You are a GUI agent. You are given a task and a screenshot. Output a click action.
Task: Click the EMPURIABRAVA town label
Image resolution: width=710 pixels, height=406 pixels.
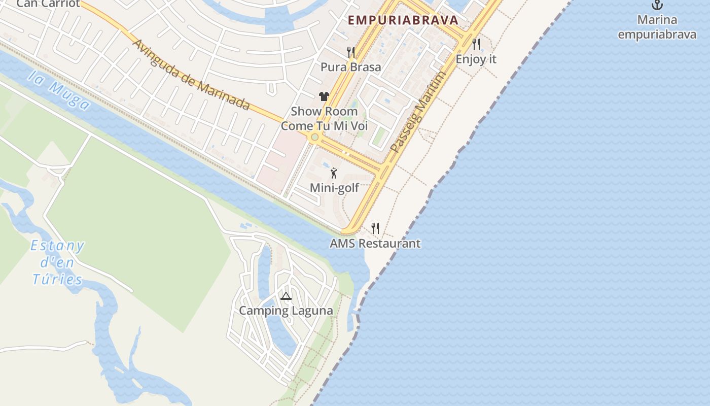click(403, 20)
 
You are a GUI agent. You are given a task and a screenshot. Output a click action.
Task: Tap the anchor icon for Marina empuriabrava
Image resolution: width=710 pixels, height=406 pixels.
click(657, 5)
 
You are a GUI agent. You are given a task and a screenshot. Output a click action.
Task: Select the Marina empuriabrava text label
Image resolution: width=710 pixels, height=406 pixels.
click(657, 27)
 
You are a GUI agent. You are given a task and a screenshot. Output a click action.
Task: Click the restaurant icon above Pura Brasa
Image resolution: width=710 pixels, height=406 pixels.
click(350, 52)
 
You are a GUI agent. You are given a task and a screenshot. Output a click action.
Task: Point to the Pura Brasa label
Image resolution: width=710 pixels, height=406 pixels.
click(350, 67)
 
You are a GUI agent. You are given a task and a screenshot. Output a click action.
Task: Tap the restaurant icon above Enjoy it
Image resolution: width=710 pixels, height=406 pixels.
click(476, 44)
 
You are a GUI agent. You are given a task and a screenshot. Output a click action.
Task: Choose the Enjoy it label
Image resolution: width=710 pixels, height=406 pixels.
click(476, 59)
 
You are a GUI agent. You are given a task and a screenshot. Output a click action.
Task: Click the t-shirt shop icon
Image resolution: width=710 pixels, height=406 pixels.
click(324, 96)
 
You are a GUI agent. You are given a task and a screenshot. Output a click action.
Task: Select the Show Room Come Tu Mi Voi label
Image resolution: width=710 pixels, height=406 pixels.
click(324, 118)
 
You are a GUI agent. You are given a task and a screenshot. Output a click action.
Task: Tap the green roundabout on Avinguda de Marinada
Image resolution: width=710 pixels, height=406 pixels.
click(314, 137)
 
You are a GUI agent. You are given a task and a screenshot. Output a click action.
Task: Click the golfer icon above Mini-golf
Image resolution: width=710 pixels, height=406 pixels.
click(334, 173)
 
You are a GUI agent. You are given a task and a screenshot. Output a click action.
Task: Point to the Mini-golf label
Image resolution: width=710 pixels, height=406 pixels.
click(334, 188)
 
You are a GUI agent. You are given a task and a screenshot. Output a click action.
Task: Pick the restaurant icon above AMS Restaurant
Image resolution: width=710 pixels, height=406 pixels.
click(375, 228)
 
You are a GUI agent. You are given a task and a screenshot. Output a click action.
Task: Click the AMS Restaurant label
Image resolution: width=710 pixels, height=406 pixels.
click(375, 244)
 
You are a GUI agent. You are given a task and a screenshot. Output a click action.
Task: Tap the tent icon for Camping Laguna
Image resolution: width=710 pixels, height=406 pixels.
click(286, 296)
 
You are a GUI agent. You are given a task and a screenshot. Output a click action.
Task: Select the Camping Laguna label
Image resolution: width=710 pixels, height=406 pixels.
click(286, 311)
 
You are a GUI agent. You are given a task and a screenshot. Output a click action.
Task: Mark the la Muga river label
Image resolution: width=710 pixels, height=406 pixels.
click(59, 90)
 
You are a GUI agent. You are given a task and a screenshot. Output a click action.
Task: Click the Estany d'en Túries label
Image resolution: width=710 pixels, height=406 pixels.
click(57, 262)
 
